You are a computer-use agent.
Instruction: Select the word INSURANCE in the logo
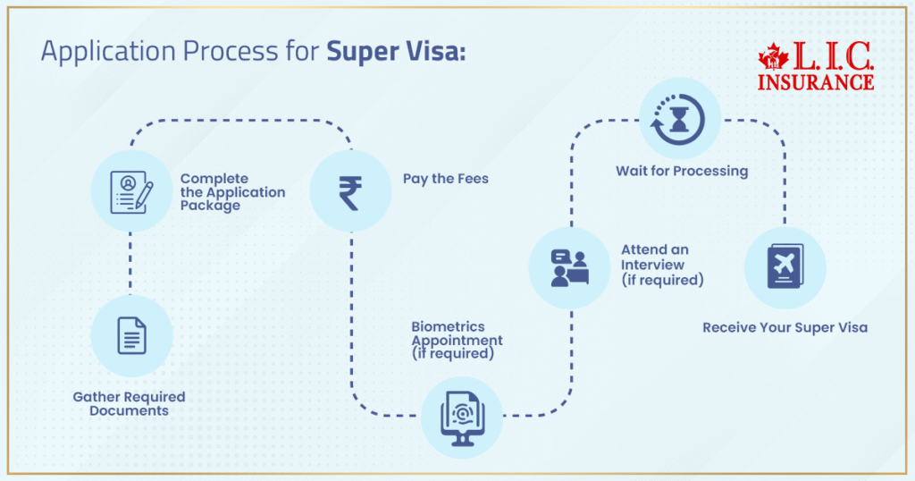815,82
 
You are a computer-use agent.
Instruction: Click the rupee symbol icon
350,191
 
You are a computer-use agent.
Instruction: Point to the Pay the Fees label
445,179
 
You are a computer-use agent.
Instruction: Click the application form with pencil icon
131,191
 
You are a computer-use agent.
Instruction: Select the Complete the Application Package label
232,192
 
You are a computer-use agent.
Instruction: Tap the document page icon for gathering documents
131,336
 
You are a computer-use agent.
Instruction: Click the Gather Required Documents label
129,403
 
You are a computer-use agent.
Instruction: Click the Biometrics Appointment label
456,340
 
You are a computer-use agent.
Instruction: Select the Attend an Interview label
662,265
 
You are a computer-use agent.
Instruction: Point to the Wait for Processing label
681,171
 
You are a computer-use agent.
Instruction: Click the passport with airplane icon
785,267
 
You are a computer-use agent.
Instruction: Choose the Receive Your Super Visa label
784,327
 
